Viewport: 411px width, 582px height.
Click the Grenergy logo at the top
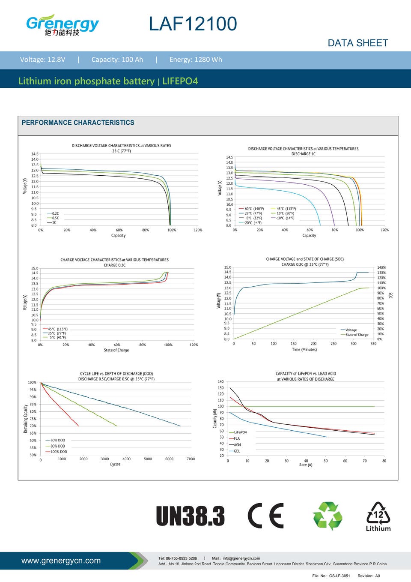click(62, 25)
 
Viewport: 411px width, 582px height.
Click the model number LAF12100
click(193, 24)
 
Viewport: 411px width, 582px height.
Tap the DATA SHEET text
click(357, 43)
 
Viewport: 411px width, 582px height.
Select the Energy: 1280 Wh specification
click(196, 60)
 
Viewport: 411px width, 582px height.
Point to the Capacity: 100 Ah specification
click(117, 60)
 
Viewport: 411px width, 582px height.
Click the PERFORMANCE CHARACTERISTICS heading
click(78, 123)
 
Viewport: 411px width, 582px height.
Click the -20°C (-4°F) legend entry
click(253, 223)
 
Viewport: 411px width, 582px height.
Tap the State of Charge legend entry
click(357, 335)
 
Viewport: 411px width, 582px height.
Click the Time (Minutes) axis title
click(304, 350)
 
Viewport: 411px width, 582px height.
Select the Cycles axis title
click(115, 465)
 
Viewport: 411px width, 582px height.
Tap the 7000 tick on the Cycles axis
click(191, 459)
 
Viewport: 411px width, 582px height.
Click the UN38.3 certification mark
click(190, 516)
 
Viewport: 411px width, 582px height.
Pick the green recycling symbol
click(328, 516)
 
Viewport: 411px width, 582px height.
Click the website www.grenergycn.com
click(61, 561)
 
